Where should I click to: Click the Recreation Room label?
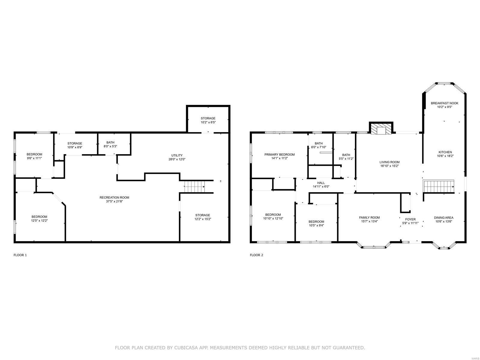pos(114,197)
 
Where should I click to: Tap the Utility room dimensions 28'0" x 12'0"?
pos(177,160)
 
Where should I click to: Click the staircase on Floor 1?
pos(194,187)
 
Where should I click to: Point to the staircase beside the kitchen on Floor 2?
pos(438,186)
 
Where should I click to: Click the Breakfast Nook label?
pos(445,103)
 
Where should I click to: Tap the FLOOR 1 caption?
pos(20,255)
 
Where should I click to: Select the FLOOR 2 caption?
pos(256,255)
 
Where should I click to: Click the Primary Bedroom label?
pos(279,154)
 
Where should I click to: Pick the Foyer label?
pos(410,219)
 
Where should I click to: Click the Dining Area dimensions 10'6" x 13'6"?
pos(444,222)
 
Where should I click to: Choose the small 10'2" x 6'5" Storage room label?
pos(208,118)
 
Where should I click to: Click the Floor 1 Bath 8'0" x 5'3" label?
pos(110,142)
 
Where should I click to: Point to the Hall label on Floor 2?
pos(321,183)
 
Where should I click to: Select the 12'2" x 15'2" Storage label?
pos(202,215)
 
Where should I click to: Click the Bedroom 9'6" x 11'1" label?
pos(34,154)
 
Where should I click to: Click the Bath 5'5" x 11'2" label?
pos(346,155)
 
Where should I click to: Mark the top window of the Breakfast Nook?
pos(444,83)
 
